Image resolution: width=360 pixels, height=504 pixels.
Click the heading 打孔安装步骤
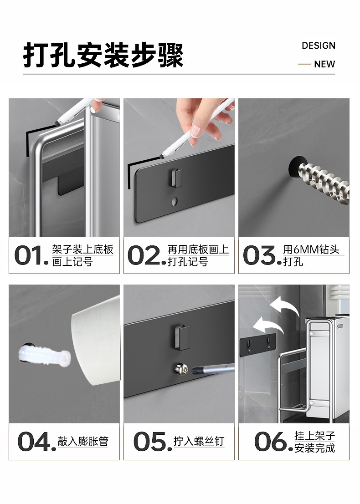coord(103,55)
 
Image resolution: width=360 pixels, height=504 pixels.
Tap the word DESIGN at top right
coord(318,46)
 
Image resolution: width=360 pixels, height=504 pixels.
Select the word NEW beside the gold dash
coord(324,64)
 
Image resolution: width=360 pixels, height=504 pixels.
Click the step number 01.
coord(31,255)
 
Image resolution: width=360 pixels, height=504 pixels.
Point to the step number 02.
coord(147,255)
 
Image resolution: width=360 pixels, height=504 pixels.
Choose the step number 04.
coord(36,441)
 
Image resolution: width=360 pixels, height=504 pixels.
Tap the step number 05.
coord(153,441)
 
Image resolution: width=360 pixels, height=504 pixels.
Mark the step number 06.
coord(273,441)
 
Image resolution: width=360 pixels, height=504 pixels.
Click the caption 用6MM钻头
coord(311,249)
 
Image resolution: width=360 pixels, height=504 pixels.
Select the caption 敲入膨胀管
coord(83,441)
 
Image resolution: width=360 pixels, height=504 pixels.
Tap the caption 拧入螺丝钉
coord(199,441)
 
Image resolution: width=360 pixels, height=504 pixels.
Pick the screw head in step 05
coord(181,369)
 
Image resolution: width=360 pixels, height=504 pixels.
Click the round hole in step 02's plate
coord(174,202)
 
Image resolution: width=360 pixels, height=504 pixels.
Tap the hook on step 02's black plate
coord(177,178)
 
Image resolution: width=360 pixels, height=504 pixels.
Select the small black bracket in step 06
coord(257,345)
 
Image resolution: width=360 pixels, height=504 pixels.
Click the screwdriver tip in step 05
coord(193,371)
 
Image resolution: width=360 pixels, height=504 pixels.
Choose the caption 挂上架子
coord(314,436)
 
